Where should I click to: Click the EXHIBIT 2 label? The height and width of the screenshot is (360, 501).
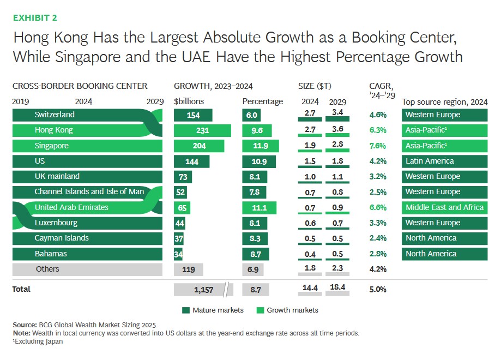pos(35,17)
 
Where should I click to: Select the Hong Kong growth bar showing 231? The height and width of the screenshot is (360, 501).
pos(202,130)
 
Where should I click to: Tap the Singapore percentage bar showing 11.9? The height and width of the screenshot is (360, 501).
pos(261,146)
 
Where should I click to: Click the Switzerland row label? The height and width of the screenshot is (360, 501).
pos(55,115)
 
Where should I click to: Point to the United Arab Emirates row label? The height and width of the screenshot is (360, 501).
pos(71,207)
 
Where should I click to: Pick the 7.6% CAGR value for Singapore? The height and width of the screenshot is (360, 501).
pos(377,146)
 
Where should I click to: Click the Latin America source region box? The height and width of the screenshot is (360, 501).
pos(444,161)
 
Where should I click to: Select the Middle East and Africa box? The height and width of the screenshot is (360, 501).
pos(444,207)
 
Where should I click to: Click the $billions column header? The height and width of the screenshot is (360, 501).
pos(189,101)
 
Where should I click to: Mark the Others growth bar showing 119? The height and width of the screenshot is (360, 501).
pos(188,269)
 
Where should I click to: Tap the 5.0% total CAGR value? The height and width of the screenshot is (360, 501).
pos(377,290)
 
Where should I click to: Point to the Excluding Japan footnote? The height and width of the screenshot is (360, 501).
pos(38,341)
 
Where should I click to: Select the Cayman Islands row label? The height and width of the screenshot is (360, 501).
pos(61,238)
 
